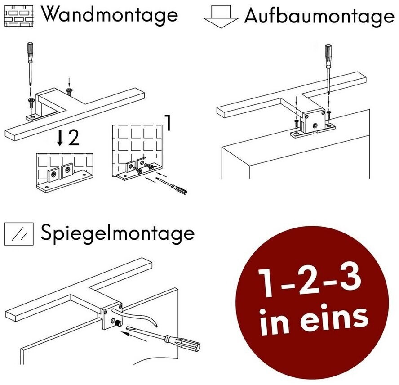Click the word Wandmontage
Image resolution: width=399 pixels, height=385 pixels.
pos(110,15)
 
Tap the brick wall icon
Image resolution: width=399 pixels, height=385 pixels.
pos(19,16)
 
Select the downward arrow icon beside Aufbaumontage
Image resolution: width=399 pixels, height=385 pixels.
pos(221,17)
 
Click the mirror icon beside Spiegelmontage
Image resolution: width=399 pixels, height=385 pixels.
pos(19,234)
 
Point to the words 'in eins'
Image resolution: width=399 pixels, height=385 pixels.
pos(314,319)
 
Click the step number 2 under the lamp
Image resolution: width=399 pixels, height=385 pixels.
pos(74,138)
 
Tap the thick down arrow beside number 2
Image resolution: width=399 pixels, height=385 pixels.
pos(60,138)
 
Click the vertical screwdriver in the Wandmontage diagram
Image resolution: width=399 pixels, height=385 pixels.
pos(31,64)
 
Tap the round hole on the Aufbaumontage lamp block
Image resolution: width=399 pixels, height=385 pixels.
pos(315,125)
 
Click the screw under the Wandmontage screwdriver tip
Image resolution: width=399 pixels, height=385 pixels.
pos(31,103)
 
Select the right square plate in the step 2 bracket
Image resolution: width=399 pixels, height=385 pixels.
pos(67,170)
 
